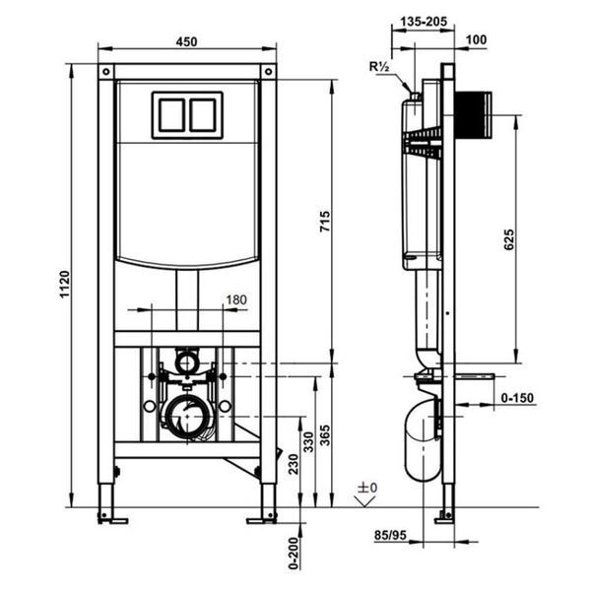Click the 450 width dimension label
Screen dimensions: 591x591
tap(186, 41)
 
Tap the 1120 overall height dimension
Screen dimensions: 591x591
tap(65, 285)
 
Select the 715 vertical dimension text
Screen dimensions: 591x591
tap(325, 222)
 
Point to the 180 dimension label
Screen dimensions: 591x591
tap(236, 299)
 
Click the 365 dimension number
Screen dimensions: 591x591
tap(325, 435)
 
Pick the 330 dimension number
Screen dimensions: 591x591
tap(308, 441)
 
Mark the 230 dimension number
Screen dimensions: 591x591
tap(294, 464)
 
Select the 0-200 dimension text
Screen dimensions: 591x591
tap(294, 554)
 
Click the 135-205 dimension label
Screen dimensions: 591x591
tap(424, 22)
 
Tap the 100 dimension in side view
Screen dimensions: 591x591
tap(476, 39)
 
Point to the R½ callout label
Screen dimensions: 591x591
tap(379, 67)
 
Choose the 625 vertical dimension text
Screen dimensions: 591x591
tap(508, 239)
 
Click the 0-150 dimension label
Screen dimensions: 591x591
tap(517, 398)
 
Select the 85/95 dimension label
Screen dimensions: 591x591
tap(390, 535)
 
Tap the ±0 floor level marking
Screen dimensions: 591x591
tap(367, 488)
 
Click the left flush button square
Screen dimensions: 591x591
tap(171, 115)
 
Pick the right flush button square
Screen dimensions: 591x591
tap(203, 115)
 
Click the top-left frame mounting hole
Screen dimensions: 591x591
tap(106, 71)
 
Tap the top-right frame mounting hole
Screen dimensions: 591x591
tap(268, 71)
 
